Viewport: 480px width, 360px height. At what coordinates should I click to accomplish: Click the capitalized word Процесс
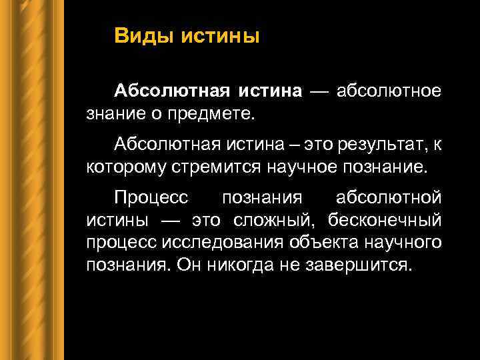(152, 197)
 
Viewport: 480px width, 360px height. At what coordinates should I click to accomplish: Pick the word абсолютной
(389, 197)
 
